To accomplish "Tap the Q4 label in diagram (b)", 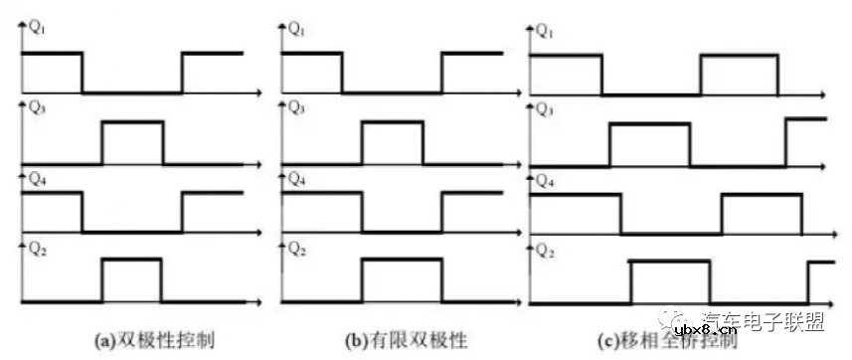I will pos(297,180).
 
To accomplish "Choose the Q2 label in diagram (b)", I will pos(297,250).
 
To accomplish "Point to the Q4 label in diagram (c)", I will pos(546,181).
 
